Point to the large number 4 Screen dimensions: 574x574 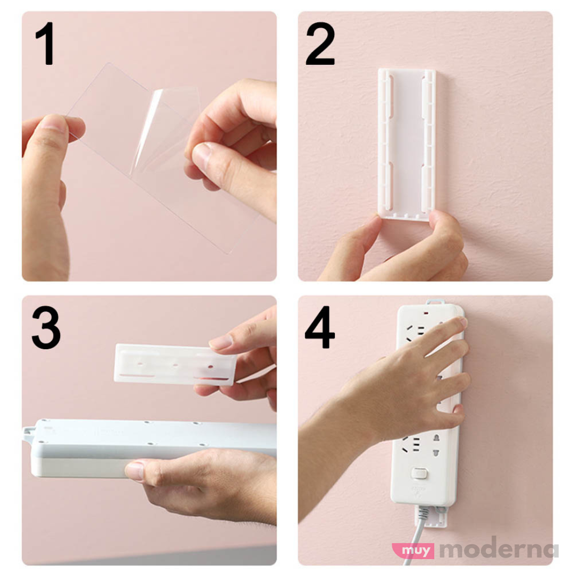pyautogui.click(x=320, y=327)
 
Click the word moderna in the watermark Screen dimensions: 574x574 pyautogui.click(x=500, y=550)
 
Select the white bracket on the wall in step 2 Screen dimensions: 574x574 pyautogui.click(x=407, y=143)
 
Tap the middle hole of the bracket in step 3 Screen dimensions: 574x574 pyautogui.click(x=175, y=365)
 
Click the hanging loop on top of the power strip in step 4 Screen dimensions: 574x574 pyautogui.click(x=435, y=302)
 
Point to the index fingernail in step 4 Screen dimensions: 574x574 pyautogui.click(x=462, y=322)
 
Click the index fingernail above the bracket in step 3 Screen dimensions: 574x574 pyautogui.click(x=220, y=343)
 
